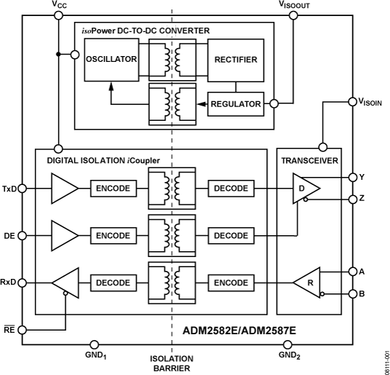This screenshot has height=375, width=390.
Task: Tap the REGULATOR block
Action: [x=236, y=104]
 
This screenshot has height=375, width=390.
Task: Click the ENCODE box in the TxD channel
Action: [x=112, y=189]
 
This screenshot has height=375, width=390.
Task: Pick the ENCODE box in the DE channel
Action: [x=112, y=236]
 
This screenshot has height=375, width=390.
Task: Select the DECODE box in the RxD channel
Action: [x=112, y=283]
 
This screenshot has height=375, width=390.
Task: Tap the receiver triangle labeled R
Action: [x=307, y=283]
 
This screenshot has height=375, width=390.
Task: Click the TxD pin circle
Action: [x=23, y=189]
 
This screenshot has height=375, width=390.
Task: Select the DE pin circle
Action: [x=23, y=235]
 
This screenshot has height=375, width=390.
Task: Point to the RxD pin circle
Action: [x=23, y=283]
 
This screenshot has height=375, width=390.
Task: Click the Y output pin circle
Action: [x=352, y=177]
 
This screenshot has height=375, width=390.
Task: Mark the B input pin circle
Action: [x=352, y=294]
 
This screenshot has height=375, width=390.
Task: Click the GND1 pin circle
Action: [x=92, y=343]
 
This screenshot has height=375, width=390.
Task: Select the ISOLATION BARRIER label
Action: [x=172, y=363]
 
